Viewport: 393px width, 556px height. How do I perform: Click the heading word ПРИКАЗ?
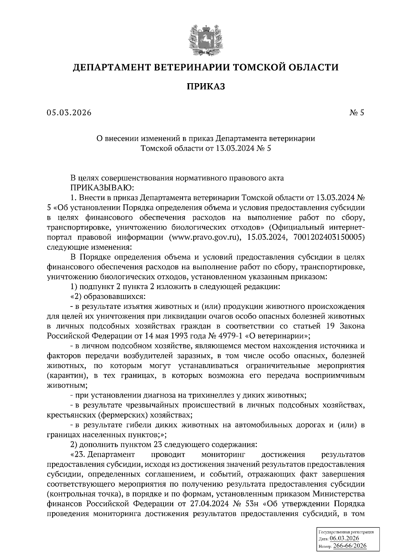tap(206, 86)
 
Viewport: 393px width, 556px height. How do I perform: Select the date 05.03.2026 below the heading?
tap(69, 113)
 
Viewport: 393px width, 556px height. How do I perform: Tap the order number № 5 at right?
tap(357, 113)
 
